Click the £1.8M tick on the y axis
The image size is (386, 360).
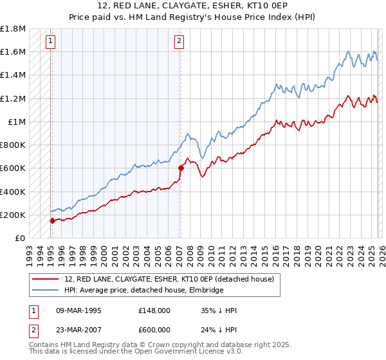pyautogui.click(x=13, y=29)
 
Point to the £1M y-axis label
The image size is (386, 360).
pyautogui.click(x=16, y=122)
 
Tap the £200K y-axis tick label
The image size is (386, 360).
pyautogui.click(x=13, y=215)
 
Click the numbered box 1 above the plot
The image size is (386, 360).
pyautogui.click(x=51, y=41)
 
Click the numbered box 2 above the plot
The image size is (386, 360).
pyautogui.click(x=179, y=41)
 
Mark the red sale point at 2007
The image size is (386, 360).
pyautogui.click(x=181, y=168)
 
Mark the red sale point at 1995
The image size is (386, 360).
pyautogui.click(x=52, y=221)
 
